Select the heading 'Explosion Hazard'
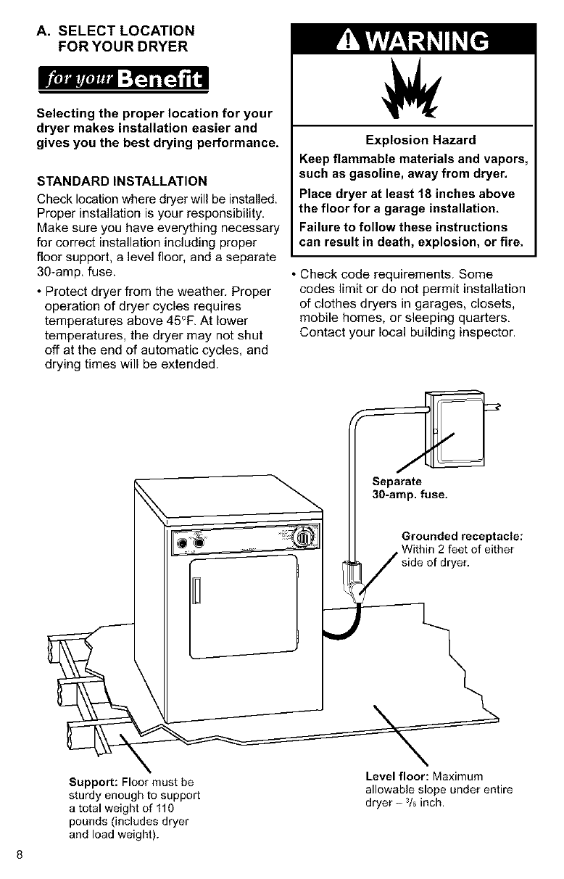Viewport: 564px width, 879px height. pyautogui.click(x=410, y=140)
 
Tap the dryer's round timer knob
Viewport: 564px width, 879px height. pyautogui.click(x=304, y=537)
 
